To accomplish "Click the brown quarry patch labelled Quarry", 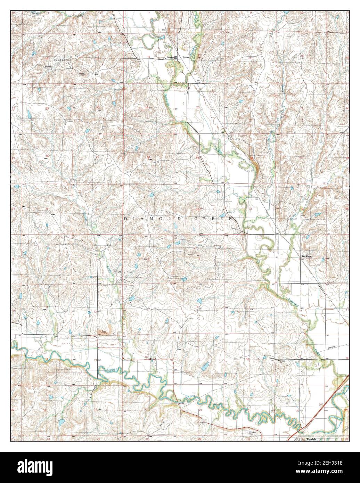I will (x=104, y=332).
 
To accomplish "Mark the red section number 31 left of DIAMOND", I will (x=148, y=210).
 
